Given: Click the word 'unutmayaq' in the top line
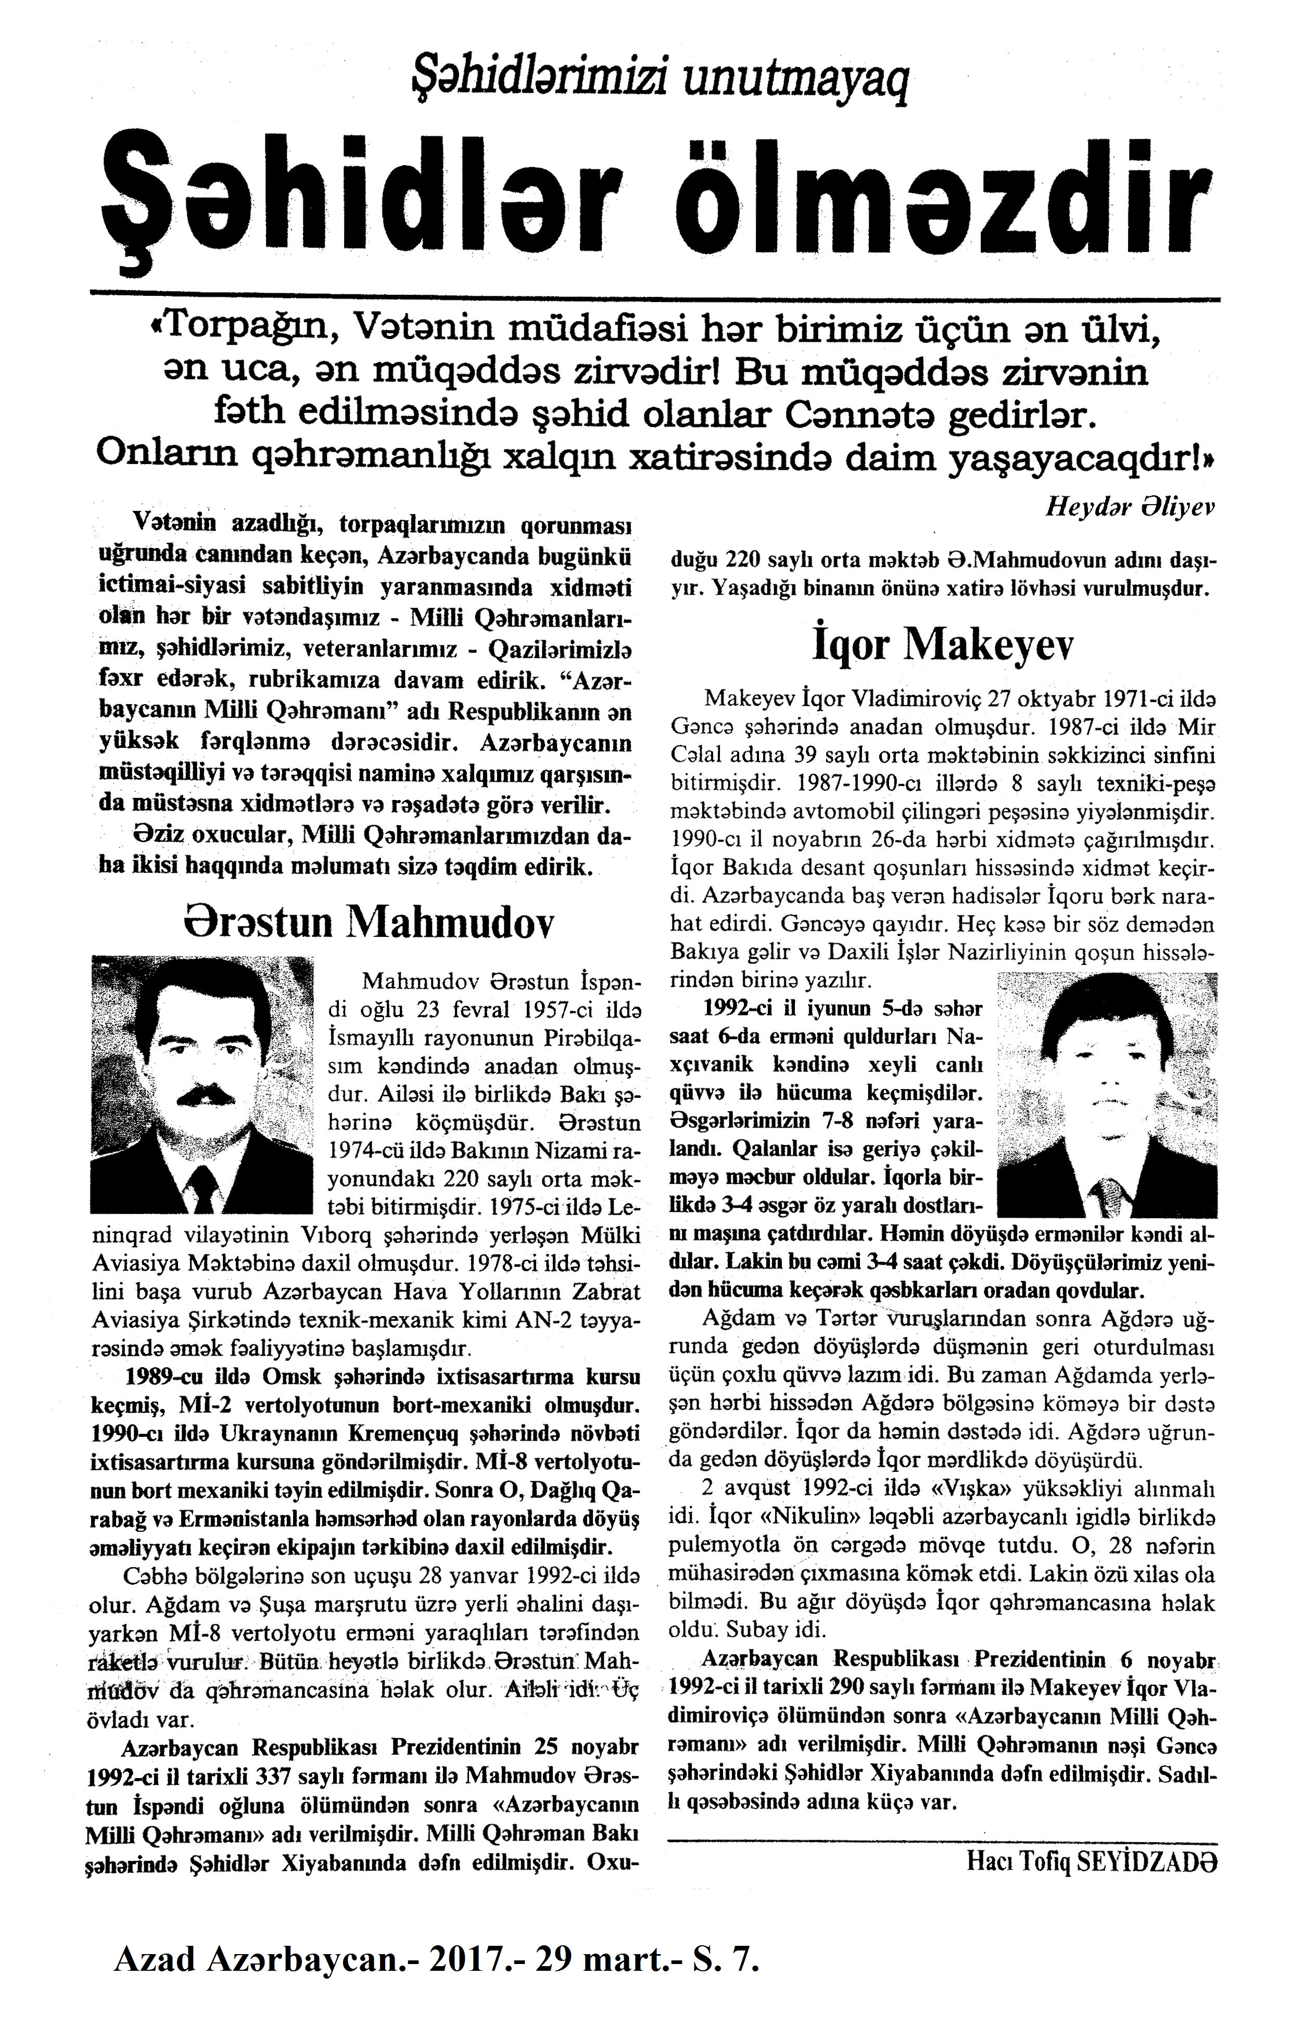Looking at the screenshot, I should (796, 85).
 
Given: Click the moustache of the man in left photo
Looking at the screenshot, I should (202, 1094).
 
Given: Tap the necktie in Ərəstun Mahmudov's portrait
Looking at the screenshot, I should (202, 1186).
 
